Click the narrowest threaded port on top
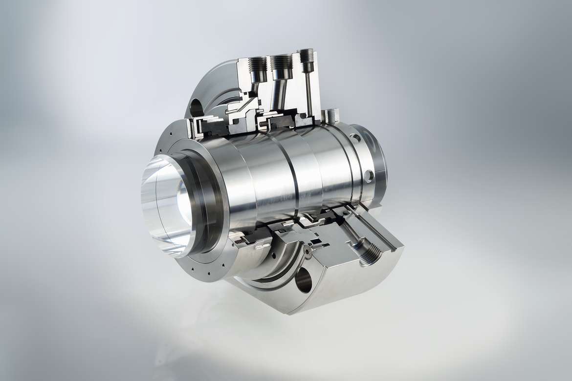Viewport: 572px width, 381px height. tap(307, 55)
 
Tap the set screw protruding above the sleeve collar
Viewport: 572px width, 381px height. tap(331, 115)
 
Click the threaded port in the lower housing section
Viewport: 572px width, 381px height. tap(371, 254)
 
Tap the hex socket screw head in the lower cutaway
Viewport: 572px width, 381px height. tap(308, 252)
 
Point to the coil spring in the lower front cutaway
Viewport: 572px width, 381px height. tap(241, 240)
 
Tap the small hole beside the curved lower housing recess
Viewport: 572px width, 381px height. tap(274, 255)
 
